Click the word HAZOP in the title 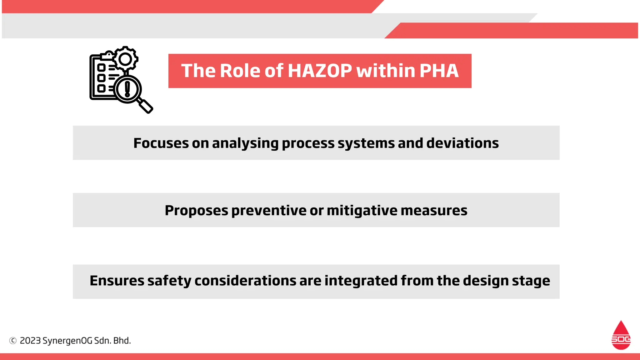point(320,71)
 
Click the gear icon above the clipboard point(125,59)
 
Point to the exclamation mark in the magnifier point(127,89)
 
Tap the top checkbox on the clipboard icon point(101,67)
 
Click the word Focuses point(161,143)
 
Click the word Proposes point(196,211)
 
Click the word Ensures point(117,281)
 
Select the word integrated point(361,281)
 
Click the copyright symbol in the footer point(13,341)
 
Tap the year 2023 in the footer point(30,341)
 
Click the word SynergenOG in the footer point(67,341)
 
